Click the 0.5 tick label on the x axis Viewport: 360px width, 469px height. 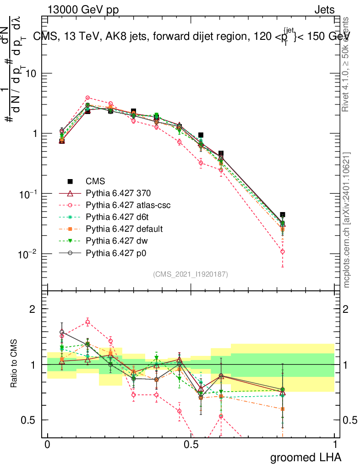tap(191, 445)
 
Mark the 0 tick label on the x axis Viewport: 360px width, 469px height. tap(47, 445)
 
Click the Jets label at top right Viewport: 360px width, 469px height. tap(324, 10)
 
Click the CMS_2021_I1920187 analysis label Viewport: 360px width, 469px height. tap(191, 274)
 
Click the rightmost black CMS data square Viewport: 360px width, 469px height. tap(283, 214)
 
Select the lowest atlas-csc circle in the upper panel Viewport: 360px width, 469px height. tap(283, 251)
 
